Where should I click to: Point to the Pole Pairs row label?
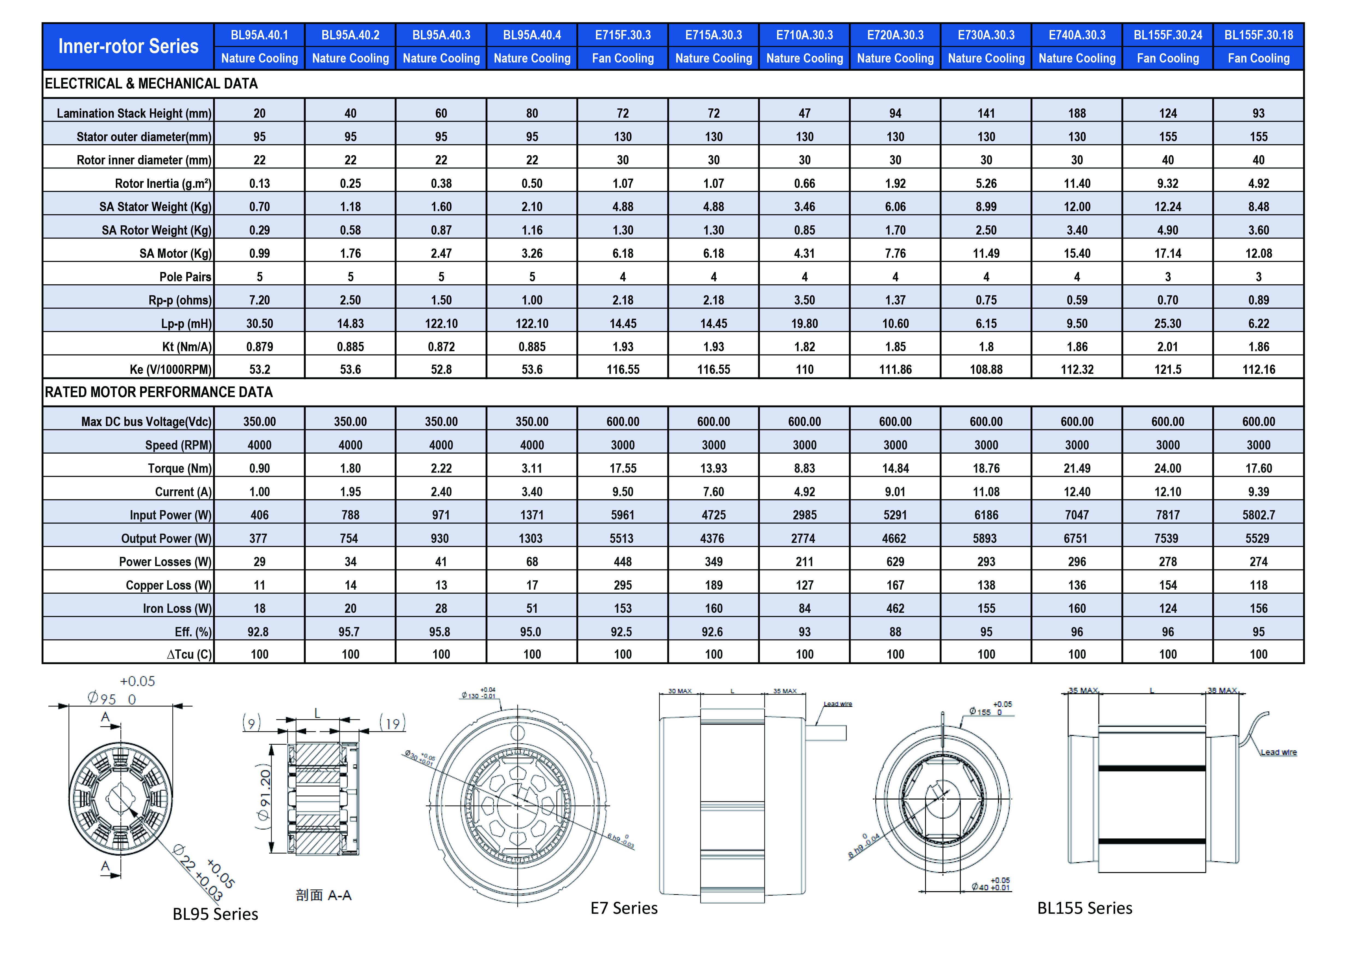(x=185, y=277)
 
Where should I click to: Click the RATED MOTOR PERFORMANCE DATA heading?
(x=159, y=392)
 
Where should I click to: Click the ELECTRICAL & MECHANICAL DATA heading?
(x=151, y=84)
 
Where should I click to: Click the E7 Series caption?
(x=624, y=908)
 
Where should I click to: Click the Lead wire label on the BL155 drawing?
(x=1278, y=752)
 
